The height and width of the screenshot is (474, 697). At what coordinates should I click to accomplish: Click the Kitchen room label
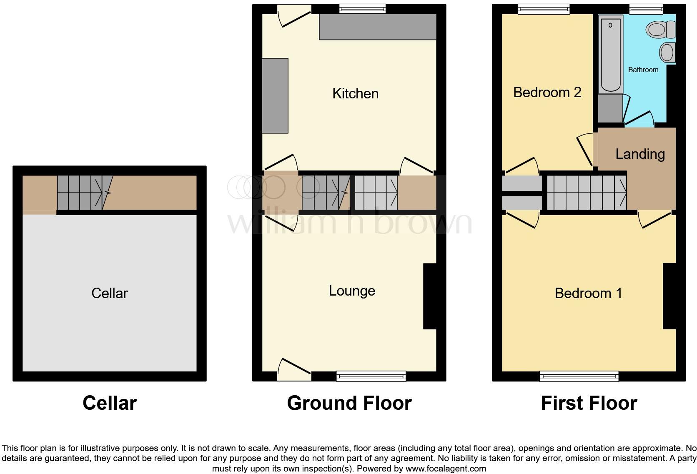pyautogui.click(x=355, y=93)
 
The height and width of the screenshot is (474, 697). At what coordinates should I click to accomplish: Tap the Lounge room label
pyautogui.click(x=352, y=291)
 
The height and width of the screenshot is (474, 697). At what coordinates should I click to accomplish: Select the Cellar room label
pyautogui.click(x=109, y=293)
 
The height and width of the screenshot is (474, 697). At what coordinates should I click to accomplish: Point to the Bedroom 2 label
pyautogui.click(x=547, y=92)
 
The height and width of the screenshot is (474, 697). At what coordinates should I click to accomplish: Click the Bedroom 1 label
pyautogui.click(x=588, y=293)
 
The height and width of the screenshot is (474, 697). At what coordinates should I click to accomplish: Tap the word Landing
pyautogui.click(x=640, y=154)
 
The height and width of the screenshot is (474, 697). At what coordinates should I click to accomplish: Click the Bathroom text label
pyautogui.click(x=643, y=70)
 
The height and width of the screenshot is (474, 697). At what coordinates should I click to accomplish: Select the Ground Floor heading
pyautogui.click(x=349, y=403)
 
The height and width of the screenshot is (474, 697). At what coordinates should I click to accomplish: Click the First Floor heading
pyautogui.click(x=589, y=403)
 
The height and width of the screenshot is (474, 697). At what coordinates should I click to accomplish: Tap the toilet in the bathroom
pyautogui.click(x=660, y=30)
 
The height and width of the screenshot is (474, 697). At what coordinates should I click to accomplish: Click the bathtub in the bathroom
pyautogui.click(x=610, y=54)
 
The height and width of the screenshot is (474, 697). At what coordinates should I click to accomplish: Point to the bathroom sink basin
pyautogui.click(x=667, y=53)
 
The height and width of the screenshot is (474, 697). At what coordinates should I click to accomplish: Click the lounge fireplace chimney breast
pyautogui.click(x=430, y=296)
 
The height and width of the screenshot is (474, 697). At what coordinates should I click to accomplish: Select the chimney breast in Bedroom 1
pyautogui.click(x=669, y=296)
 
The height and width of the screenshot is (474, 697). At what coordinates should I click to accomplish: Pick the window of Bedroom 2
pyautogui.click(x=544, y=9)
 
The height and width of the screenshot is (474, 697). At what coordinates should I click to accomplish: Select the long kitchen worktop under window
pyautogui.click(x=378, y=27)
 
